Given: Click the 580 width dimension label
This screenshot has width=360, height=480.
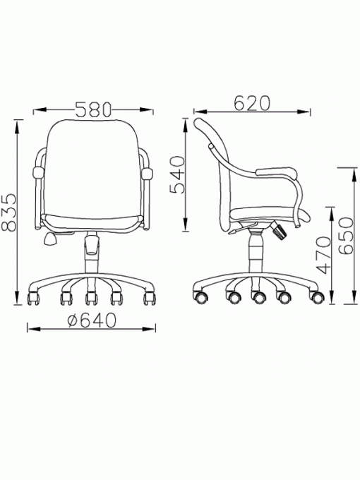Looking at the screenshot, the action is [93, 109].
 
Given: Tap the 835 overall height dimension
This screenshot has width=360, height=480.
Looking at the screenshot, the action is [8, 212].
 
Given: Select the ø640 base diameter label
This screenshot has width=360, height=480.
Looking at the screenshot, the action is [92, 320].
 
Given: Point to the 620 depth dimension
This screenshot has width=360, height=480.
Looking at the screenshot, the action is [252, 103].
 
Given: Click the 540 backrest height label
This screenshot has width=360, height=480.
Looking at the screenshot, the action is [178, 175].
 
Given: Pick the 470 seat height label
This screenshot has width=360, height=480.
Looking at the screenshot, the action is [324, 255].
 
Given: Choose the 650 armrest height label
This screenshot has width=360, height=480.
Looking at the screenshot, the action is [346, 235].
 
